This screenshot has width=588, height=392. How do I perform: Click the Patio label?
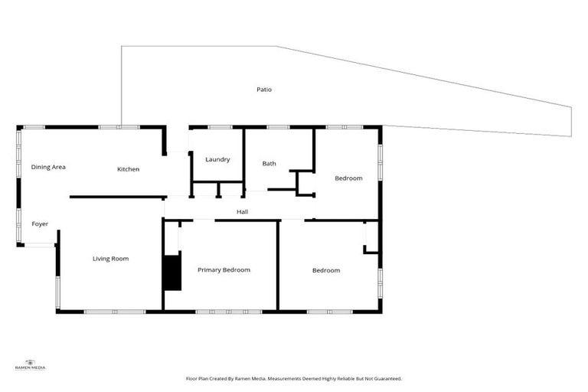[x=263, y=90]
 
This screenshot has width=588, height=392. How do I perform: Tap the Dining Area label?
[x=47, y=166]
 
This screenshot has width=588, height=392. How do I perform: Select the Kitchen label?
[x=128, y=169]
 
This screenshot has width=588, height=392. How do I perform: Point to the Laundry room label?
[x=217, y=159]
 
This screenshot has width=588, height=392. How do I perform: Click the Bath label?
[x=269, y=163]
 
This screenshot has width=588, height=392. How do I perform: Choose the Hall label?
[x=242, y=212]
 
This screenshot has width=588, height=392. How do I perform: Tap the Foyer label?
[x=40, y=224]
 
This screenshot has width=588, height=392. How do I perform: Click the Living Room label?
[x=110, y=259]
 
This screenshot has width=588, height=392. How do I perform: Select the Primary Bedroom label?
[x=224, y=269]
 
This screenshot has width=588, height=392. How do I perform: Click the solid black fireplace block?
[x=172, y=273]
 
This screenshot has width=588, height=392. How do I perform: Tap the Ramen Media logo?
[x=31, y=364]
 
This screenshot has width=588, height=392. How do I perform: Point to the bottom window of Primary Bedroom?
[x=229, y=312]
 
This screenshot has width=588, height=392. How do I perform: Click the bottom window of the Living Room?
[x=114, y=312]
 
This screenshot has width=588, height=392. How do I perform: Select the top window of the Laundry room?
[x=220, y=126]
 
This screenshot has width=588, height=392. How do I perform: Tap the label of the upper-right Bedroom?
[x=348, y=178]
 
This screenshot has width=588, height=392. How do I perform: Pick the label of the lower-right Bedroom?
[x=325, y=270]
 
